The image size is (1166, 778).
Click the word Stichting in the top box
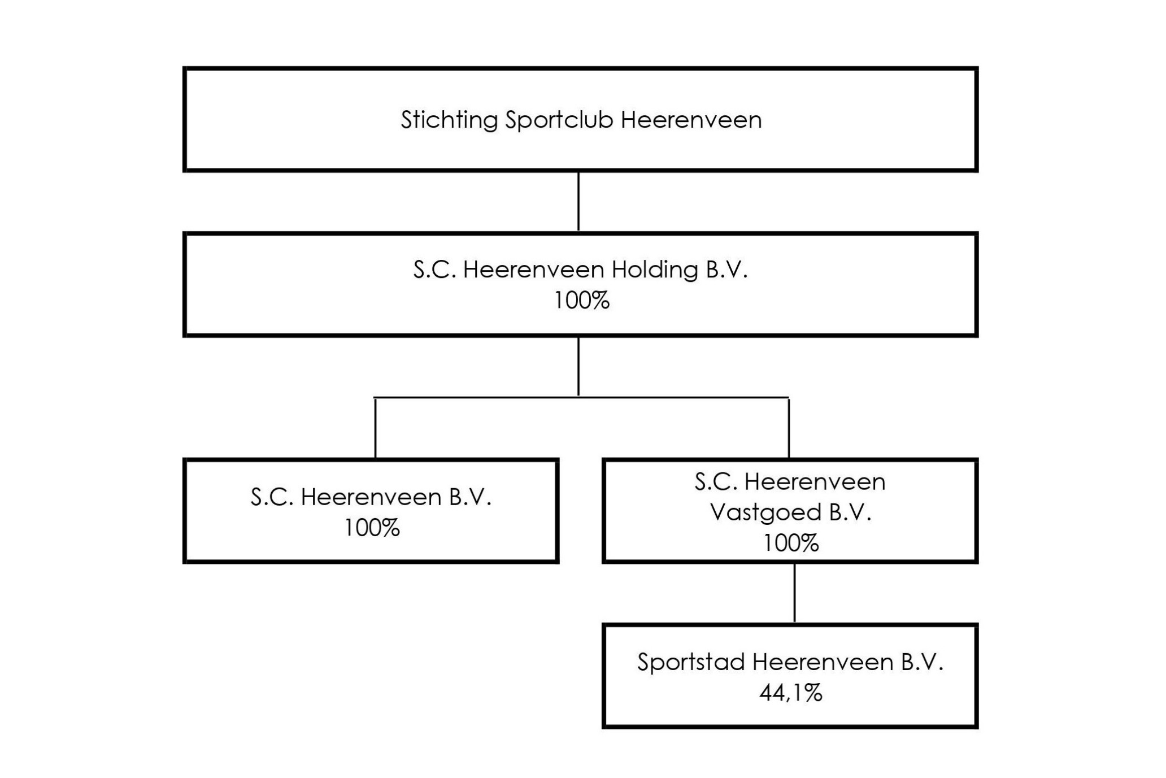(x=449, y=120)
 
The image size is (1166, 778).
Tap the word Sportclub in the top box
(x=559, y=120)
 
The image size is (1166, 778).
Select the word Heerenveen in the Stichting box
(x=691, y=120)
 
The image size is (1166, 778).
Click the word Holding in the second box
(x=655, y=270)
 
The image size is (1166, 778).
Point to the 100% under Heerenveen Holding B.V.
(x=581, y=301)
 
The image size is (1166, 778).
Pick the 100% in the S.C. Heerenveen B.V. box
(x=372, y=528)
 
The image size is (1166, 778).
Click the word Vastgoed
(x=765, y=513)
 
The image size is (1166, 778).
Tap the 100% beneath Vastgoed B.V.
(x=791, y=543)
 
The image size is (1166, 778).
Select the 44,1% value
(x=791, y=693)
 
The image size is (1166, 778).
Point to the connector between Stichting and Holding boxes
(x=578, y=201)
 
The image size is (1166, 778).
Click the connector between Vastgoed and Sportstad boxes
(x=794, y=593)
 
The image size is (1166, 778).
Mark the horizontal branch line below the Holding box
(x=581, y=398)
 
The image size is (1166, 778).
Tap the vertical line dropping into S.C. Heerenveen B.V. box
(x=375, y=428)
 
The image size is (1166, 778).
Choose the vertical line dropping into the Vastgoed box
(x=789, y=428)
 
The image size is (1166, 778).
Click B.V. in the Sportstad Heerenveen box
(x=922, y=662)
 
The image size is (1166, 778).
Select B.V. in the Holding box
(x=726, y=270)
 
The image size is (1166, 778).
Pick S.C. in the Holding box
(x=434, y=270)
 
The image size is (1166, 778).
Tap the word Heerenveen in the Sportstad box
(x=823, y=662)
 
